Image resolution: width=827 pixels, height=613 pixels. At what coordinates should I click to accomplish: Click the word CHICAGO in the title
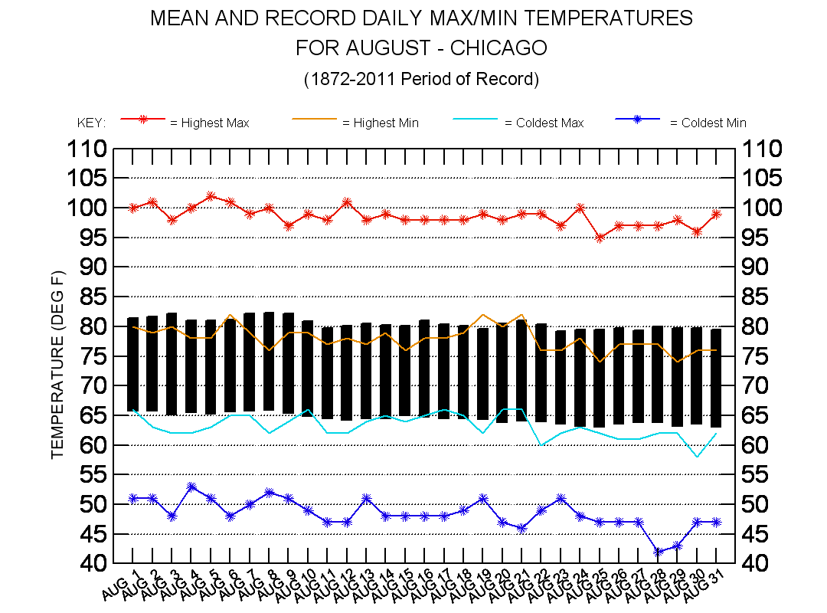point(498,48)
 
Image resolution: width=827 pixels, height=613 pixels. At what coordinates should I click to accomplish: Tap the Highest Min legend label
point(380,123)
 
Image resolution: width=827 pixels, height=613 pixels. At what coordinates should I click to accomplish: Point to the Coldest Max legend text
point(544,123)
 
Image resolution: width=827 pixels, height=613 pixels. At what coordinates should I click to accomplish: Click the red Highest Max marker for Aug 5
point(211,196)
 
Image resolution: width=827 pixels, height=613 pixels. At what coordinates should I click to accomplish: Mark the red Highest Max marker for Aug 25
point(600,238)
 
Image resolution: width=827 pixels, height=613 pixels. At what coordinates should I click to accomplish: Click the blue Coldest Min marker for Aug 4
point(191,487)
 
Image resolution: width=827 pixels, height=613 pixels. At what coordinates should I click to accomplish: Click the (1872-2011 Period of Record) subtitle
point(421,79)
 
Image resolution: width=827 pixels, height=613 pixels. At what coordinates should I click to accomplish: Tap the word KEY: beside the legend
point(91,123)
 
